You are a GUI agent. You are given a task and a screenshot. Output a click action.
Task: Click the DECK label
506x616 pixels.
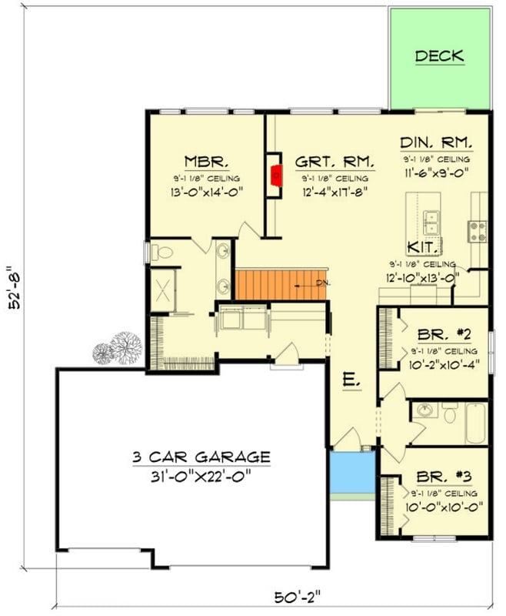pyautogui.click(x=439, y=55)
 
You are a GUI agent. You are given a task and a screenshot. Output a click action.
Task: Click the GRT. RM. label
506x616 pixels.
pyautogui.click(x=335, y=162)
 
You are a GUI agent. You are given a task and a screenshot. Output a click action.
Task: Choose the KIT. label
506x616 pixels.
pyautogui.click(x=423, y=247)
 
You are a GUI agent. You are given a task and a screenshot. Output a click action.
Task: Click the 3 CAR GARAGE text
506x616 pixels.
pyautogui.click(x=199, y=456)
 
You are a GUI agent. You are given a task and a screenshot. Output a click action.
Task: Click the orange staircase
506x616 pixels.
pyautogui.click(x=281, y=284)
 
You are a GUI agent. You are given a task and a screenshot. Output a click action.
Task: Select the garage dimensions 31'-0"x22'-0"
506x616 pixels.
pyautogui.click(x=199, y=477)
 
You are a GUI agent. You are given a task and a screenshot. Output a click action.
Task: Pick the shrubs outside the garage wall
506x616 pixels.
pyautogui.click(x=118, y=347)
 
